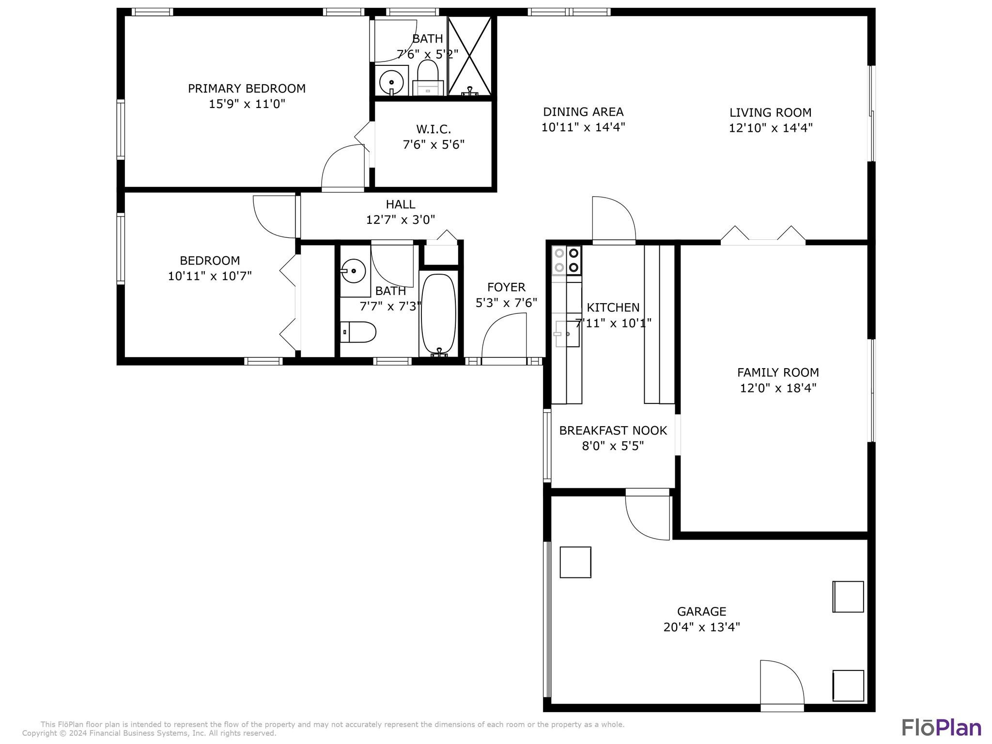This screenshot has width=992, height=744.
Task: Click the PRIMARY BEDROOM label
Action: (x=247, y=89)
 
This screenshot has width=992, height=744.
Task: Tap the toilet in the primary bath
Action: (x=428, y=77)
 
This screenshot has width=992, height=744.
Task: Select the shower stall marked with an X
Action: (x=469, y=56)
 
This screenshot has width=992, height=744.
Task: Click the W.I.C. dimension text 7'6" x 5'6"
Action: (x=434, y=144)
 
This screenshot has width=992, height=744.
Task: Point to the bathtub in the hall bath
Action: (x=438, y=314)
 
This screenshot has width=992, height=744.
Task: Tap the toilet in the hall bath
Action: (x=358, y=332)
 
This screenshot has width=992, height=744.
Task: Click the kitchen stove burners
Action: (x=567, y=260)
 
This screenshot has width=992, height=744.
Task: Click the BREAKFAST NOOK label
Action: (x=613, y=431)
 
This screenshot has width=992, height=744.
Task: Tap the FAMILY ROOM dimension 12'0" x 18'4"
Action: (x=778, y=388)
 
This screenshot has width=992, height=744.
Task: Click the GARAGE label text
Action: (x=701, y=611)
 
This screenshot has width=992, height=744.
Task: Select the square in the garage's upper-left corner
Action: (x=575, y=562)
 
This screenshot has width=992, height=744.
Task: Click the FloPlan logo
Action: (x=941, y=728)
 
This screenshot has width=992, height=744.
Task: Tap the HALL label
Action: (x=400, y=204)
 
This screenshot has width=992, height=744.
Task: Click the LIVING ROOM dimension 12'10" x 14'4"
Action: (x=770, y=128)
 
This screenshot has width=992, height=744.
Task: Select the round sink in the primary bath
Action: (x=391, y=82)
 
